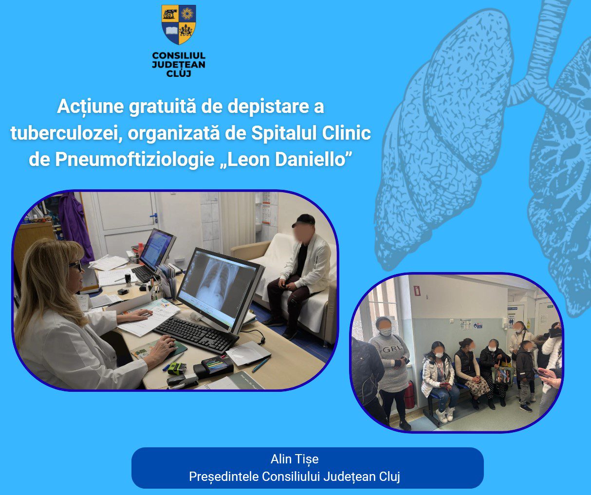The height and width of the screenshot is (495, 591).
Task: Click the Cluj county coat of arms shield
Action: click(x=179, y=25)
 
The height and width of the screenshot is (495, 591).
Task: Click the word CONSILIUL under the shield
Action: click(x=179, y=55)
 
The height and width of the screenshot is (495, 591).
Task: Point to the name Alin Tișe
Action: click(x=295, y=459)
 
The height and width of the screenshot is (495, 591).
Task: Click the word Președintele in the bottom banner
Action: click(x=224, y=477)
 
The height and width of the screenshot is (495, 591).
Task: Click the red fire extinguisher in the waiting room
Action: click(x=409, y=395)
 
